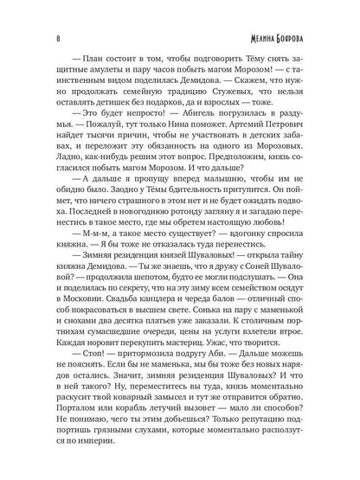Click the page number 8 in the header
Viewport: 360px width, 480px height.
click(x=55, y=15)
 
